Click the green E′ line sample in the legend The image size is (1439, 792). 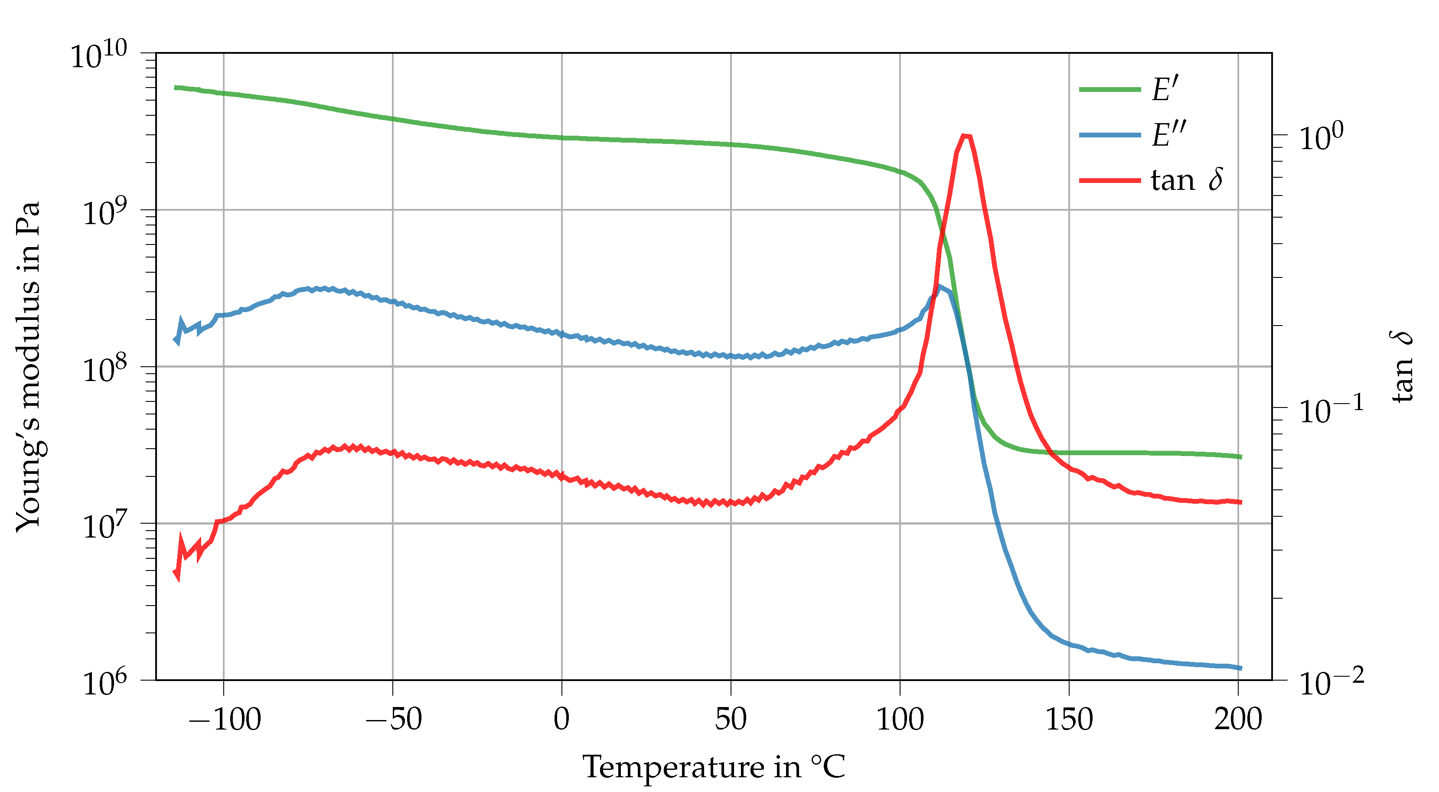click(1109, 89)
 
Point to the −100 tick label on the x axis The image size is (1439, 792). click(225, 720)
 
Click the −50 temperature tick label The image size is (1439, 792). click(393, 720)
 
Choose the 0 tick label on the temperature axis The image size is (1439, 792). click(561, 720)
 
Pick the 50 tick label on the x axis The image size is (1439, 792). click(731, 720)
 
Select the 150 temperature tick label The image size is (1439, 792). click(1069, 720)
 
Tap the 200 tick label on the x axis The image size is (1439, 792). click(1238, 720)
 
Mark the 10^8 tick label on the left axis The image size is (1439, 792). click(105, 369)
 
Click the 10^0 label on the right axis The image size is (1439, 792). click(1321, 137)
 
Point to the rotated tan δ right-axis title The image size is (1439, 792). click(1402, 367)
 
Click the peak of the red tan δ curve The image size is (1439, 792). click(966, 136)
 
